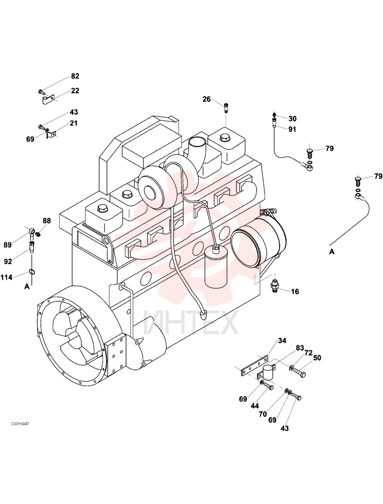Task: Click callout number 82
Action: (75, 76)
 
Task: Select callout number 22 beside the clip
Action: (75, 91)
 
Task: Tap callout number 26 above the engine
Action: (207, 99)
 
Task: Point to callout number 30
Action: (292, 118)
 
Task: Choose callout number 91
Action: (292, 129)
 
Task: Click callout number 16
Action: (295, 291)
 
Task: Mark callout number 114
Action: (7, 277)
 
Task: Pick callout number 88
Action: (46, 221)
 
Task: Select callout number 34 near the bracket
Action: (282, 340)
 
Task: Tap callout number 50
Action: (317, 358)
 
